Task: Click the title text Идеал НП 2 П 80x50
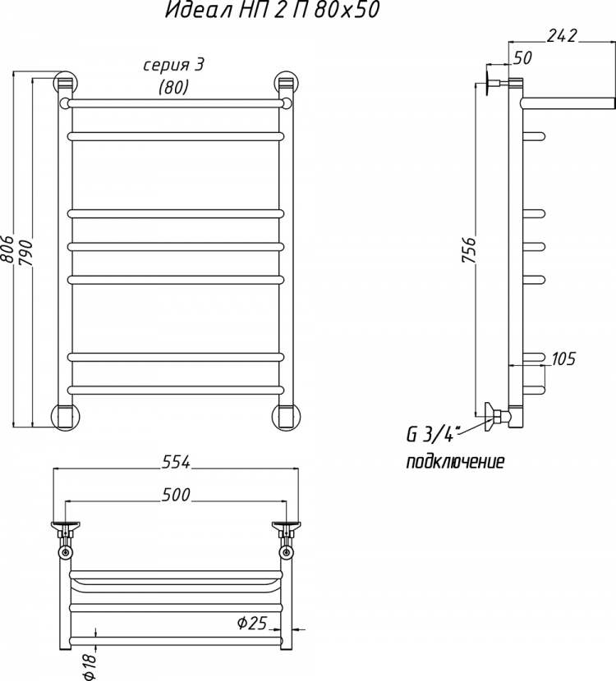272,10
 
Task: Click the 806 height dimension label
7,249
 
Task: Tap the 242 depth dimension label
562,35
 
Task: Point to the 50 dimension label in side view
522,57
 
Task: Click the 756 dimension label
470,250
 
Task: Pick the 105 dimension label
563,359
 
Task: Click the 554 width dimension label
176,463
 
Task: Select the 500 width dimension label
176,495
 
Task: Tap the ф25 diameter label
252,623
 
